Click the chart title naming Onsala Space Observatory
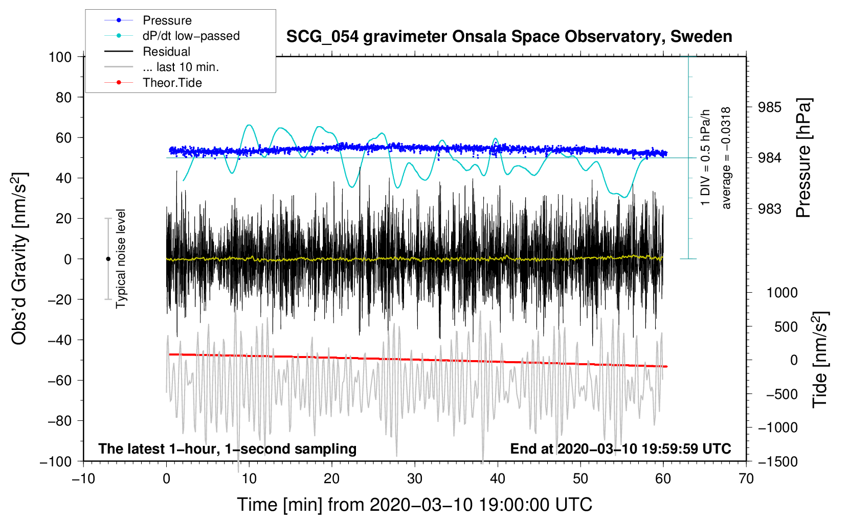(509, 37)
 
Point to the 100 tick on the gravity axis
(60, 57)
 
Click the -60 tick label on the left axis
(60, 380)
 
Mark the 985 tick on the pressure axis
(769, 107)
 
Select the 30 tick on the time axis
(415, 479)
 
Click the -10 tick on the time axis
(83, 479)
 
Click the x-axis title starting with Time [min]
(414, 505)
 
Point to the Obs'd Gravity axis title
(19, 258)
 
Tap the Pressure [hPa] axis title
(803, 158)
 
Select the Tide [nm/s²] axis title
(820, 360)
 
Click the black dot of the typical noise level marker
(108, 259)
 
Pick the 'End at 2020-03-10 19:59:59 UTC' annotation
(620, 448)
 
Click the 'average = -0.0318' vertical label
(725, 158)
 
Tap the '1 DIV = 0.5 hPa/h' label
(705, 157)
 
